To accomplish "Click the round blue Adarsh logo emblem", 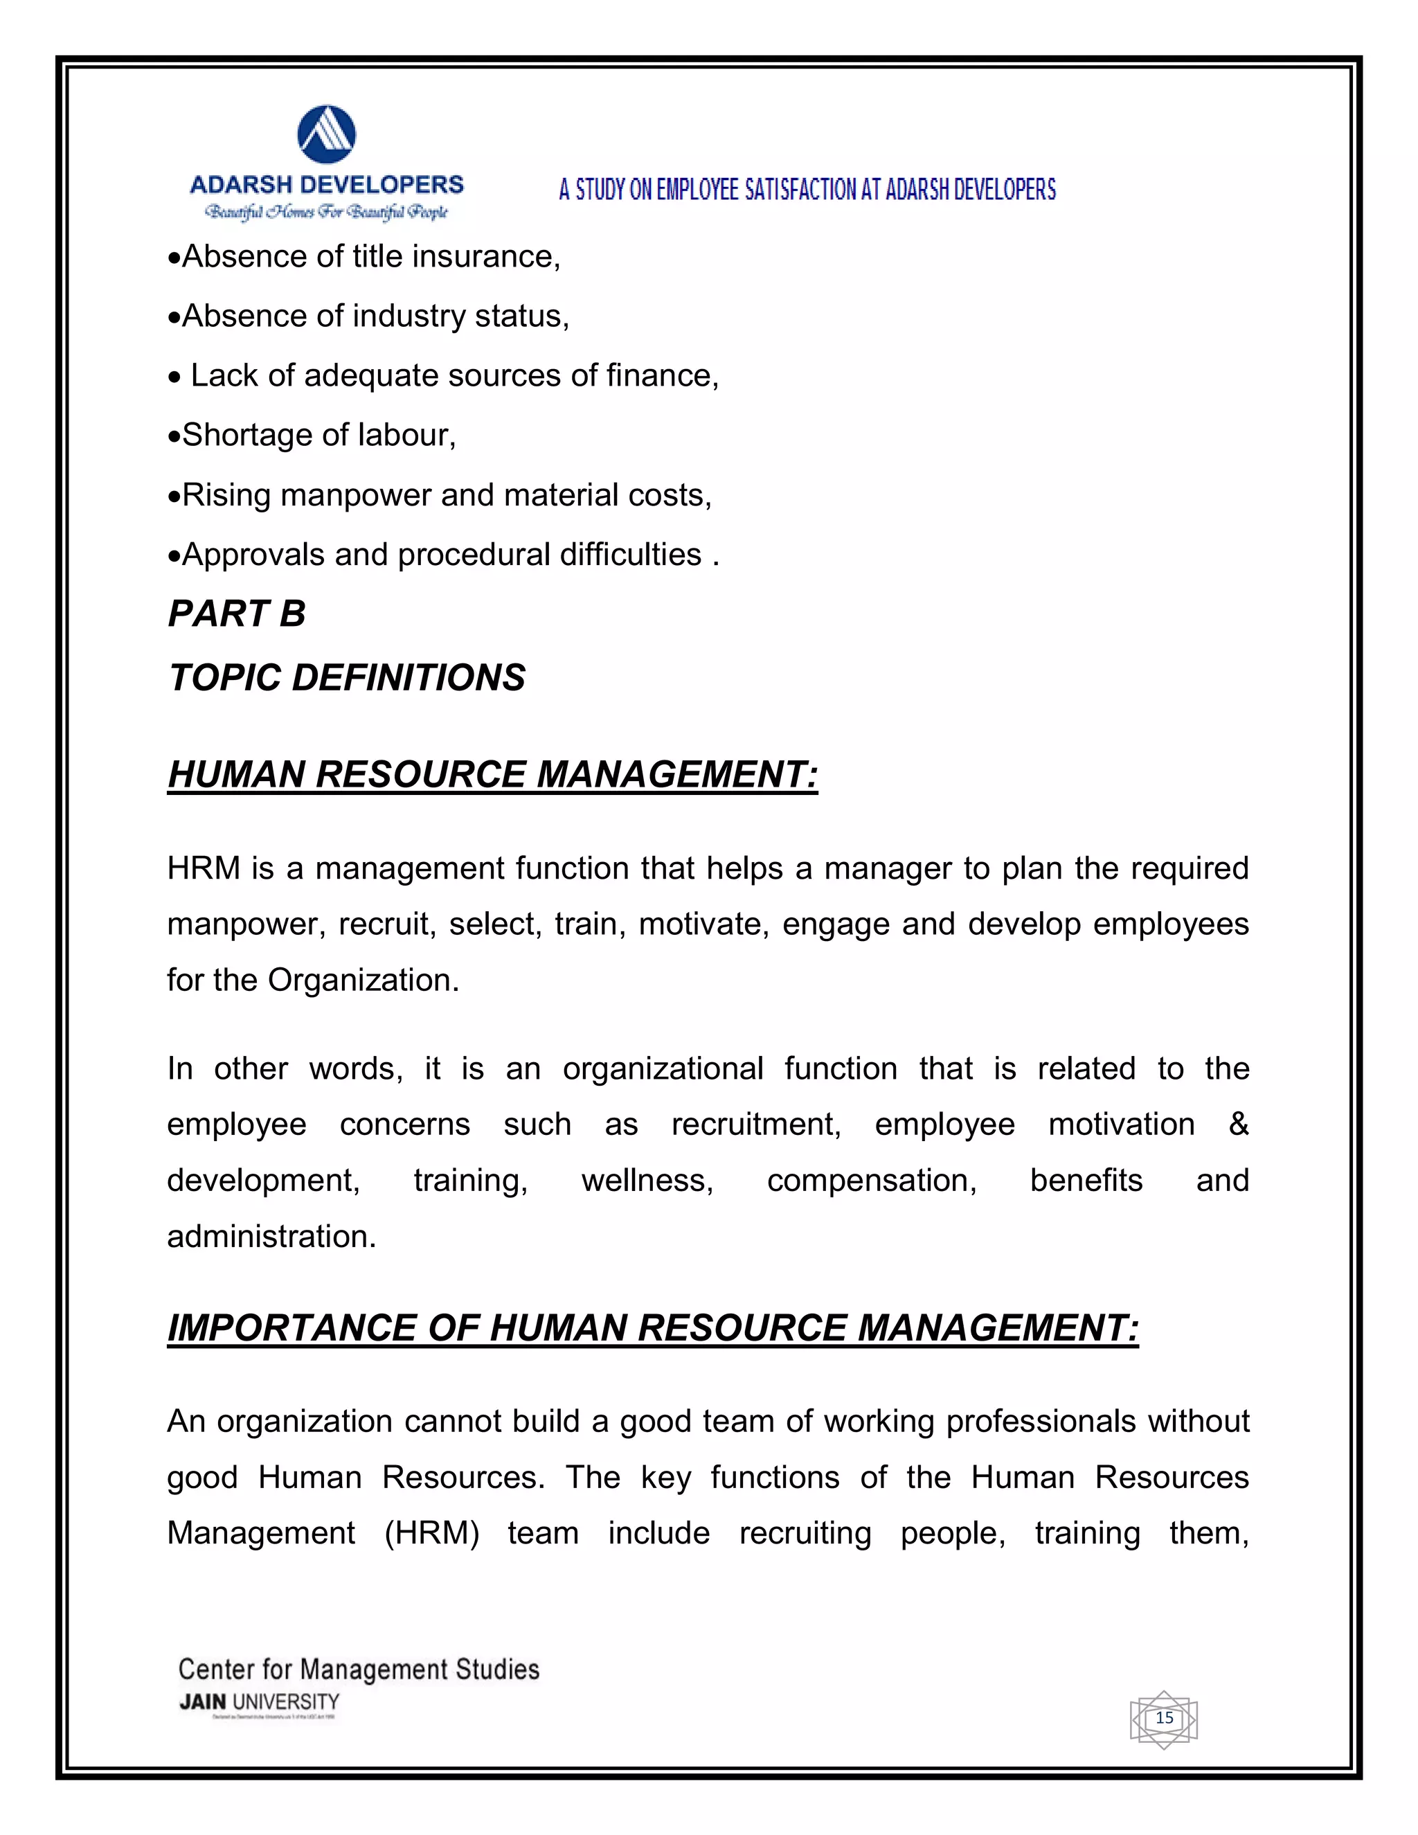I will [x=327, y=134].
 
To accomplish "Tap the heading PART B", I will [x=237, y=614].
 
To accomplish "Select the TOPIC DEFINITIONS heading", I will [x=347, y=678].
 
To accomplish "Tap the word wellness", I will [x=647, y=1181].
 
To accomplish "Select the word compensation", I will [x=871, y=1181].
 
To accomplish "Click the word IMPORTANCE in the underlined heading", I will [x=291, y=1328].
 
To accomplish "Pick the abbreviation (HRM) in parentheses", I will [x=432, y=1533].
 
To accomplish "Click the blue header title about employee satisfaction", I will [x=807, y=190].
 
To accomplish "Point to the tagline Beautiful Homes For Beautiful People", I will [x=327, y=212].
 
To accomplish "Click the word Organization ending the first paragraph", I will [x=362, y=981].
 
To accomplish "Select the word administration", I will [x=271, y=1237].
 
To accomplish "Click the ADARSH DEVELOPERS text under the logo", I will [x=327, y=185].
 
